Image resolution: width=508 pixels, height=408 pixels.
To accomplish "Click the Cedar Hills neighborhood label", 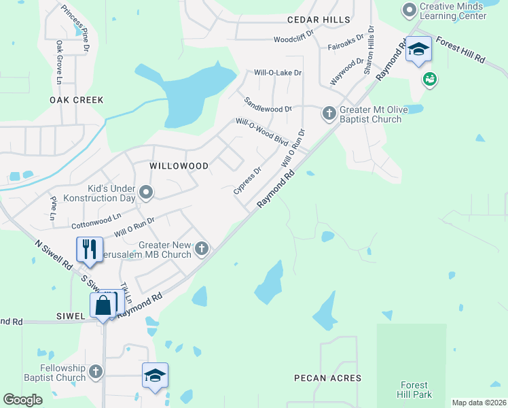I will [318, 20].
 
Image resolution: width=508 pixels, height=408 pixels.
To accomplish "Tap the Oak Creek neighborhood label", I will [77, 100].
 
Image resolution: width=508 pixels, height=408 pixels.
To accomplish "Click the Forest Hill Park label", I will [415, 389].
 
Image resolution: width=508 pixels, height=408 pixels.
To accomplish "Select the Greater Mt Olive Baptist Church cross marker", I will [329, 112].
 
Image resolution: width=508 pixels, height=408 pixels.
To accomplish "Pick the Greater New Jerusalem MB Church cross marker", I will [201, 249].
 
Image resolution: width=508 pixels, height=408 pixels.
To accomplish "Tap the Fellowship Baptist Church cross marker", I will [96, 371].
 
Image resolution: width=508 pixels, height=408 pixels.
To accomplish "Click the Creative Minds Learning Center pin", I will [410, 10].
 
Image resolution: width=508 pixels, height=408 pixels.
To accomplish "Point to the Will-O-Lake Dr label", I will [278, 72].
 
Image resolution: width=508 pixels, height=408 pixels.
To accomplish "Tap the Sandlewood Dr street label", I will [268, 105].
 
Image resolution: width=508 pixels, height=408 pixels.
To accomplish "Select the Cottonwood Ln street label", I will [96, 219].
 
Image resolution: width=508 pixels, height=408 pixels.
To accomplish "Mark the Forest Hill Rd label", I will [460, 50].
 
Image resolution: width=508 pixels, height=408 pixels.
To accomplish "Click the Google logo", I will [22, 400].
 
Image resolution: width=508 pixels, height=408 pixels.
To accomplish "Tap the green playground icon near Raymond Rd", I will [429, 80].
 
